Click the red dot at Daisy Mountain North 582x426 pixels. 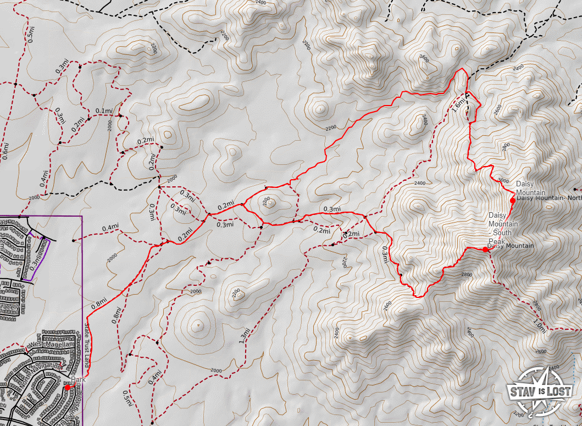(x=513, y=201)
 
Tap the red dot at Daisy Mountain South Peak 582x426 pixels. (x=485, y=250)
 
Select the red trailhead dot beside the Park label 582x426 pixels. (x=67, y=388)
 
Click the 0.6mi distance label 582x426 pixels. (x=5, y=150)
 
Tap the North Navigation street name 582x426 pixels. (x=46, y=366)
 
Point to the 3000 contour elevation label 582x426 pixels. (x=503, y=180)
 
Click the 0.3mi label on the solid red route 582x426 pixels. (x=332, y=209)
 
